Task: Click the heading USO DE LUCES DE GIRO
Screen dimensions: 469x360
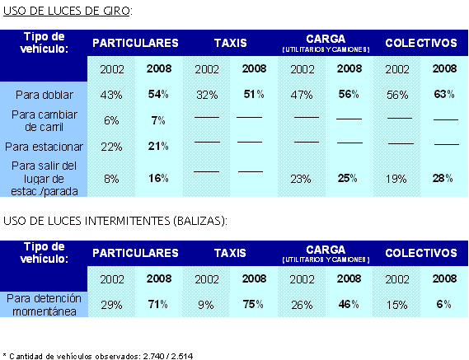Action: click(x=68, y=11)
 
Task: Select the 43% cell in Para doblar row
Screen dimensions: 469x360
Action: click(x=111, y=95)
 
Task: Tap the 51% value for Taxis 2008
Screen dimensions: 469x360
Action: click(x=254, y=94)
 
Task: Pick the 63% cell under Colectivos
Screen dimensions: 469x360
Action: click(x=444, y=94)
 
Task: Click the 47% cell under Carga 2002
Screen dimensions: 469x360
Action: click(x=302, y=95)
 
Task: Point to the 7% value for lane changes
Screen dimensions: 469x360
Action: click(x=158, y=120)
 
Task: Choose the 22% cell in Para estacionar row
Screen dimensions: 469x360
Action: click(x=111, y=147)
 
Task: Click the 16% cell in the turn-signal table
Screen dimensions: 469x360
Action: click(x=158, y=178)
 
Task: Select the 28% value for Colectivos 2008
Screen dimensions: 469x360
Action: click(x=443, y=178)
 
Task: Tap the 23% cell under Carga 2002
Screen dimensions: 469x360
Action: click(x=301, y=179)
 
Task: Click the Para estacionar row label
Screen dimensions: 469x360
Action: click(x=44, y=147)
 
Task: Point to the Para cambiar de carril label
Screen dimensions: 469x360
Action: click(x=45, y=121)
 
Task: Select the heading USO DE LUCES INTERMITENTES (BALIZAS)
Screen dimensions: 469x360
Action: click(x=115, y=222)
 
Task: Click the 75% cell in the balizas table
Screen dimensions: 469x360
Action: click(x=253, y=304)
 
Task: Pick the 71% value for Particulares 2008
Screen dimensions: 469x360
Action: click(x=158, y=304)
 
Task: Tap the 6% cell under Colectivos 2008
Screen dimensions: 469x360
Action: click(x=444, y=304)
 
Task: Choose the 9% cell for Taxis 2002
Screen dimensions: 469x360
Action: click(x=206, y=306)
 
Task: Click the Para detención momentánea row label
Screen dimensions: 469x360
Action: click(x=44, y=305)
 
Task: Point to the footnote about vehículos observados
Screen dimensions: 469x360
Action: click(x=98, y=356)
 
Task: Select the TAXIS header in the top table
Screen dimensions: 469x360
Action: click(x=230, y=43)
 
